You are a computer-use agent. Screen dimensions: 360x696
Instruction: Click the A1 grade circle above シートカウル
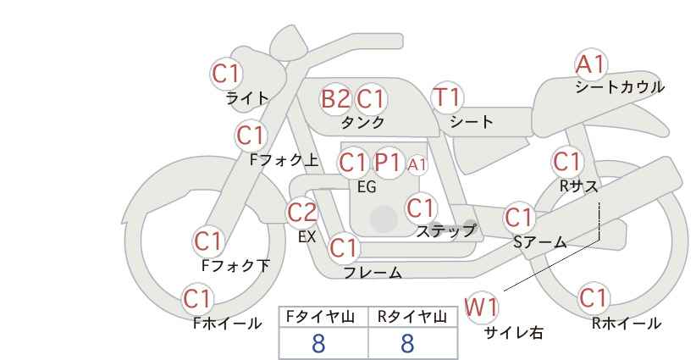click(x=591, y=64)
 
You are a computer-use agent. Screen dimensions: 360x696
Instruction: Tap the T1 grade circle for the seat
click(x=447, y=97)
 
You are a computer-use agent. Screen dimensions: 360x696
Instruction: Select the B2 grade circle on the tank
click(x=335, y=99)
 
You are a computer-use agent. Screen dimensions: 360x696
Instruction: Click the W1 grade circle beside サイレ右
click(x=483, y=307)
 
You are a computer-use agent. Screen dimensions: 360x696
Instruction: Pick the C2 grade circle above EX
click(x=302, y=213)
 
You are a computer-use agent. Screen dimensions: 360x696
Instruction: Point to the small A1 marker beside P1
click(x=417, y=164)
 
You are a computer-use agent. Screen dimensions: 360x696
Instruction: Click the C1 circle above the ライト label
click(x=226, y=74)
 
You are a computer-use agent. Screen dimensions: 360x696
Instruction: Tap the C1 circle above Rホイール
click(x=594, y=298)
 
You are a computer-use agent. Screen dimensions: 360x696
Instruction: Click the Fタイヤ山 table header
click(x=323, y=317)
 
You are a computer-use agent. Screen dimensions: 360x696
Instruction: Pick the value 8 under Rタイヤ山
click(x=408, y=342)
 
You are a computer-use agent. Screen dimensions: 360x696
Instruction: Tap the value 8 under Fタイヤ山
click(x=319, y=342)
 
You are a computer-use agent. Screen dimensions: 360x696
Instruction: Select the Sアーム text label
click(x=539, y=242)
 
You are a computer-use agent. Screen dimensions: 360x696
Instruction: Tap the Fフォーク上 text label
click(x=285, y=158)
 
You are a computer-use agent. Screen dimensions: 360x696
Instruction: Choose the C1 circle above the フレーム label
click(x=343, y=248)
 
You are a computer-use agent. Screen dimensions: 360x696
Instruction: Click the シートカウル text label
click(x=620, y=87)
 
